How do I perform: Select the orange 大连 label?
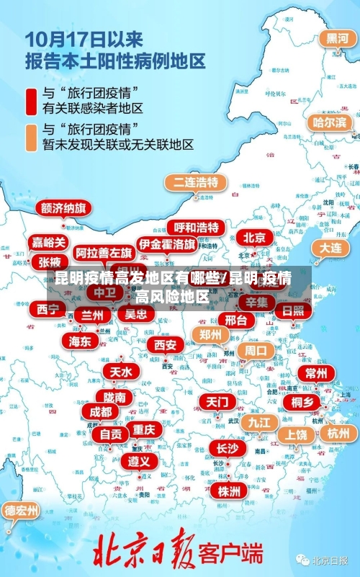[330, 247]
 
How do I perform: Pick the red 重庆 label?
[144, 429]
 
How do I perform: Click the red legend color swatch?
[30, 102]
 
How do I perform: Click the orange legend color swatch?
[30, 137]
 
